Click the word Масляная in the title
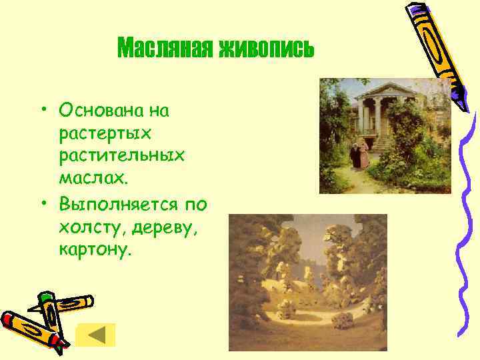click(x=165, y=48)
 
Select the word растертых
click(x=105, y=133)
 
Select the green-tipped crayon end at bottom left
click(x=45, y=299)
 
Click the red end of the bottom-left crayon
click(x=8, y=319)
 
